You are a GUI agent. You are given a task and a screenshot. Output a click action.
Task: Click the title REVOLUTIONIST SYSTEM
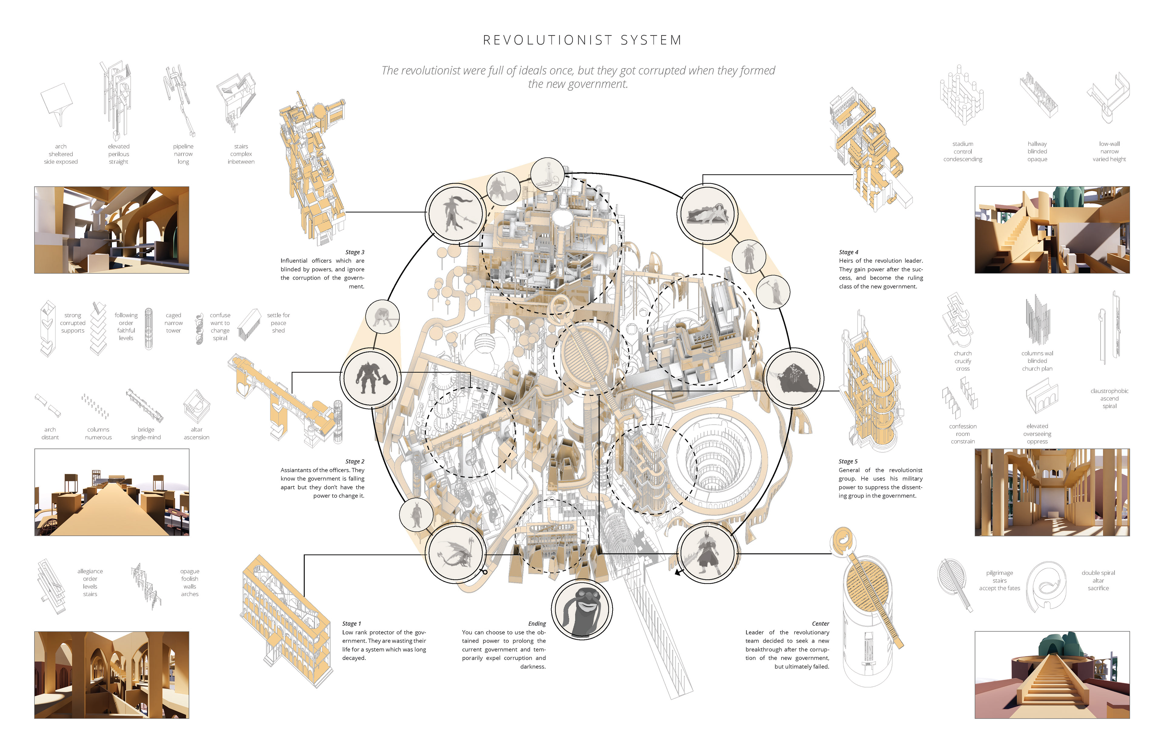582,40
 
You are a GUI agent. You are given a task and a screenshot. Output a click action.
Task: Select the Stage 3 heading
355,252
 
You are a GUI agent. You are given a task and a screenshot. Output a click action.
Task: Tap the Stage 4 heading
848,252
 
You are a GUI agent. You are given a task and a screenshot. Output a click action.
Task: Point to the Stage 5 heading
848,461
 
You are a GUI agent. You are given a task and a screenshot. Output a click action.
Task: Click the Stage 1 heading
352,624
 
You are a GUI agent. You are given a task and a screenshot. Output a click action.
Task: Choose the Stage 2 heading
355,461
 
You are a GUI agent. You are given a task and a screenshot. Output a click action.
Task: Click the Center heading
820,624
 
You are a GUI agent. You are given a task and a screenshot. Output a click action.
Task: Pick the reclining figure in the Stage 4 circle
707,214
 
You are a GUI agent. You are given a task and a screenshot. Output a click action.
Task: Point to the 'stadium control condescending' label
962,152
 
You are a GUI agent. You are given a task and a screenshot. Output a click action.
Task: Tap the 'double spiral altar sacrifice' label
1098,580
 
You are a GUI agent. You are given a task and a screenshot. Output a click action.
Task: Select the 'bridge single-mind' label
146,434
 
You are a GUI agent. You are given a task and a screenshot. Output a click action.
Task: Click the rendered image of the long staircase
1052,675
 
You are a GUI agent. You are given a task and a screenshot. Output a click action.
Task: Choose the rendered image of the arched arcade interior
112,675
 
